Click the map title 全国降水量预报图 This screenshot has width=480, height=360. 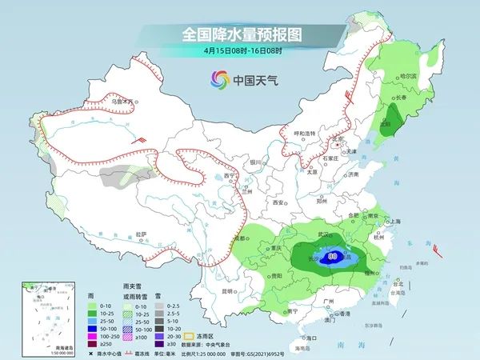pos(241,34)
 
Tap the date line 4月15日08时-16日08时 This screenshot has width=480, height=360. pos(240,50)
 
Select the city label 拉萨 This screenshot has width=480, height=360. pos(141,233)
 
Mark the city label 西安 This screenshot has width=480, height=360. pos(279,203)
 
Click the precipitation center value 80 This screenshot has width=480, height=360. pos(332,257)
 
